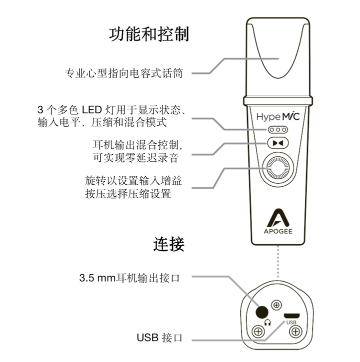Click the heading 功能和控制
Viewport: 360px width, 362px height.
tap(149, 34)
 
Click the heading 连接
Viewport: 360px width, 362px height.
tap(169, 244)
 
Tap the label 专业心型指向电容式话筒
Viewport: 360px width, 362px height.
tap(123, 73)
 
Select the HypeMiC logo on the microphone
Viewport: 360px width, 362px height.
tap(278, 116)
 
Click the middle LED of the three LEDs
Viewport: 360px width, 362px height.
tap(278, 130)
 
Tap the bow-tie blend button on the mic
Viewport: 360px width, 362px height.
tap(278, 143)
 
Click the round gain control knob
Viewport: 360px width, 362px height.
tap(277, 168)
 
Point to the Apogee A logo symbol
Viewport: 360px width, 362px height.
tap(278, 218)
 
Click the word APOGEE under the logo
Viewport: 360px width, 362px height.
tap(278, 231)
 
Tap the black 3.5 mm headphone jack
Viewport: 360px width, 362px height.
tap(262, 313)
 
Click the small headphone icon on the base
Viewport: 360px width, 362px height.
tap(267, 323)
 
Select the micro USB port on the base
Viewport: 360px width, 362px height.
tap(292, 316)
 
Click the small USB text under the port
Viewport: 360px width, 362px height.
tap(291, 322)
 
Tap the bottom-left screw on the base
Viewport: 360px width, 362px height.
tap(258, 332)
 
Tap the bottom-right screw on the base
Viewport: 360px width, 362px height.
tap(295, 332)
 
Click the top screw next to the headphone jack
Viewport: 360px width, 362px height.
tap(276, 305)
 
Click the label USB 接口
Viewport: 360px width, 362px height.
tap(159, 338)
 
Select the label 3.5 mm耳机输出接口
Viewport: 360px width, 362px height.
tap(129, 278)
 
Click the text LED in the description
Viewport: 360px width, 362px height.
tap(92, 110)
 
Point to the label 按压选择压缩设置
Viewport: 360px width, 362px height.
tap(128, 193)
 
